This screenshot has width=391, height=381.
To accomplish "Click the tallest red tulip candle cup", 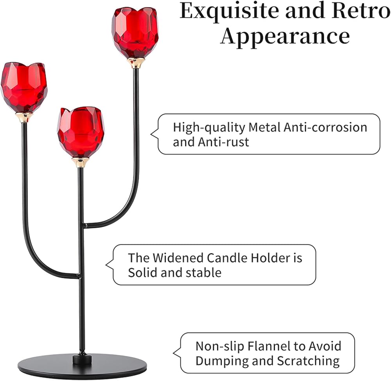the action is click(135, 32).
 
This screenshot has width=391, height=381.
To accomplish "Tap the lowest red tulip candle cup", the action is click(81, 132).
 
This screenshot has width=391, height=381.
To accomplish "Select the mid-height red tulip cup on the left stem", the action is click(24, 87).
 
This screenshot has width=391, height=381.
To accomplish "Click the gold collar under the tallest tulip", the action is click(136, 63).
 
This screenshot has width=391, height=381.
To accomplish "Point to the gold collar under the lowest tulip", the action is click(81, 162).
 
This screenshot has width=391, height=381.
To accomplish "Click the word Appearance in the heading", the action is click(285, 36).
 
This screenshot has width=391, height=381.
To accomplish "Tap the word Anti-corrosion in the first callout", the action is click(325, 127).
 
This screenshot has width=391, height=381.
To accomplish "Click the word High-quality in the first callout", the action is click(209, 127).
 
